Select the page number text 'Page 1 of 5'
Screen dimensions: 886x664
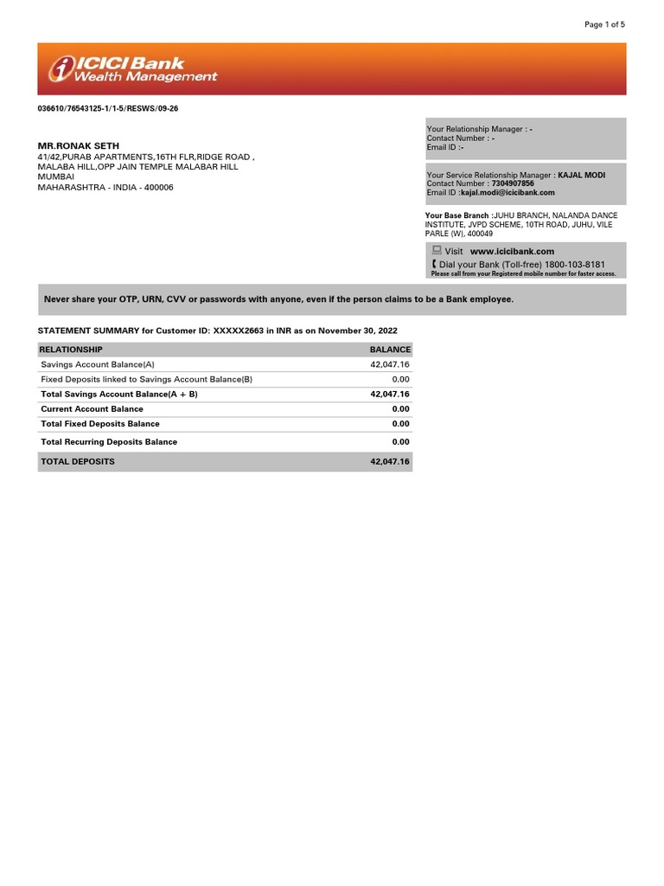tap(604, 24)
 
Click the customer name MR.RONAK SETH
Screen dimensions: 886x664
tap(79, 145)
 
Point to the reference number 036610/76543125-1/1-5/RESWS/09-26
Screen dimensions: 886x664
tap(108, 108)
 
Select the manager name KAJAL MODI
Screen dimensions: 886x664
tap(582, 175)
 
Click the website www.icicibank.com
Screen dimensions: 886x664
tap(512, 251)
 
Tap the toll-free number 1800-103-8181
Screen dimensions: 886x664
tap(575, 264)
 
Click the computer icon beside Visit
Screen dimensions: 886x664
tap(437, 250)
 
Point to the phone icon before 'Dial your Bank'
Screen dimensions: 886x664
tap(434, 263)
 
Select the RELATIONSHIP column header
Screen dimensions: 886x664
tap(72, 350)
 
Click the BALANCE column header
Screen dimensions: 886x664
tap(390, 350)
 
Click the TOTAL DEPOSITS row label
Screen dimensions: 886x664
tap(78, 462)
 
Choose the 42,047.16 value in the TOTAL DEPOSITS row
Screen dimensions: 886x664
tap(389, 462)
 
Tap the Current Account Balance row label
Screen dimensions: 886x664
tap(92, 408)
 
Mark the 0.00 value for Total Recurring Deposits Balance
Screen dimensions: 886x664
tap(399, 442)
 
